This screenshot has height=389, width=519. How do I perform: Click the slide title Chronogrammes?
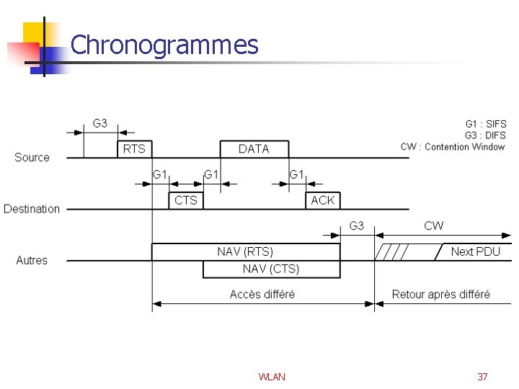click(x=164, y=45)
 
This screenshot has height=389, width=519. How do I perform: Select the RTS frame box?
click(x=134, y=149)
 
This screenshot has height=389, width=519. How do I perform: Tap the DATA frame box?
click(x=254, y=149)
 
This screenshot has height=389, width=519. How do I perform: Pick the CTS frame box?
click(x=185, y=200)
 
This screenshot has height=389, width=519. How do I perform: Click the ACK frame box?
click(x=322, y=200)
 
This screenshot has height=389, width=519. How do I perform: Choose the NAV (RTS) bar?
click(x=245, y=251)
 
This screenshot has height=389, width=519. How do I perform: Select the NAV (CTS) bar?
click(x=270, y=269)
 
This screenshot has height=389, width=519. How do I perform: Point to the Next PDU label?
click(x=475, y=251)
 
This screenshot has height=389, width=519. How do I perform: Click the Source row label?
click(x=32, y=158)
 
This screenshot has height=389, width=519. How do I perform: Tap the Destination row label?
click(x=32, y=209)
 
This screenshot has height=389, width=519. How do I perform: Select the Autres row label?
click(x=32, y=260)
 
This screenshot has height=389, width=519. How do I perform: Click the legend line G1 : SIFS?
click(x=485, y=124)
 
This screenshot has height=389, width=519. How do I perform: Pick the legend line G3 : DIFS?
click(x=485, y=135)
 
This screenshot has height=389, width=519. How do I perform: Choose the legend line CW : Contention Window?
click(x=453, y=147)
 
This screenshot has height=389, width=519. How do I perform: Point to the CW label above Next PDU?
click(x=434, y=226)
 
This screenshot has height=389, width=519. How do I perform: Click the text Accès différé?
click(x=262, y=294)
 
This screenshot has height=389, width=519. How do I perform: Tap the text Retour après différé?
click(x=440, y=294)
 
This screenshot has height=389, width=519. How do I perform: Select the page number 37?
click(x=482, y=377)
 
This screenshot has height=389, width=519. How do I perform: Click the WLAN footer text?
click(x=272, y=377)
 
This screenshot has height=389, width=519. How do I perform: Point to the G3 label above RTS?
click(x=100, y=123)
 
